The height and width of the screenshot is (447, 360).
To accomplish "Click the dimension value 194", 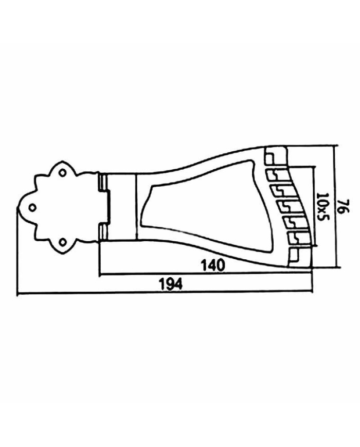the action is tap(170, 284).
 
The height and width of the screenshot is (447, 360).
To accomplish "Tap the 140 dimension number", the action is tap(213, 265).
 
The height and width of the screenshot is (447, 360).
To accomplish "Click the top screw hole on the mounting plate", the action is tap(62, 172).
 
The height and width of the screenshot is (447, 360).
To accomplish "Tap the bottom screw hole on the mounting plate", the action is tap(62, 242).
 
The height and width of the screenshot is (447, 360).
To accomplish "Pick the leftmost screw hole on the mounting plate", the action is tap(32, 207).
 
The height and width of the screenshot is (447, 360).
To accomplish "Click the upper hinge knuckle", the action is tap(102, 183).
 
